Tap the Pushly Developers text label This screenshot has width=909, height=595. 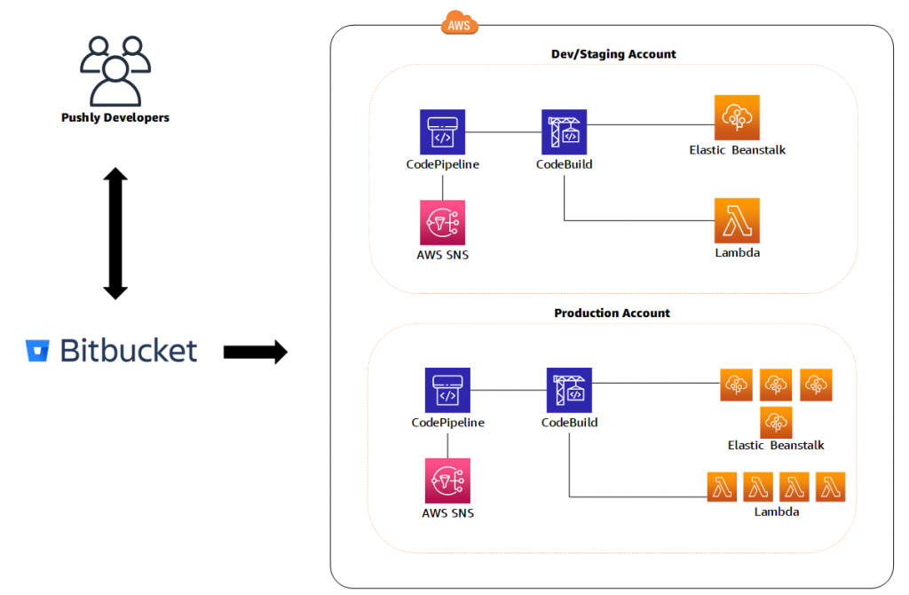click(115, 117)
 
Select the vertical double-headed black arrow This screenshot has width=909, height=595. click(115, 233)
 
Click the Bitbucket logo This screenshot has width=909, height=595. click(112, 351)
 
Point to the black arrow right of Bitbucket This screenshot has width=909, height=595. click(255, 352)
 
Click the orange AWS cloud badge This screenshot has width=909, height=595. click(459, 24)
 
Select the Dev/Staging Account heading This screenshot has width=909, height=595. click(613, 54)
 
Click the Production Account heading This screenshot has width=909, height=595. click(613, 313)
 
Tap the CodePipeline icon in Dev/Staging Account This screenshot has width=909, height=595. click(442, 131)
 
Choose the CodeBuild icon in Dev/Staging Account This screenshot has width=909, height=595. click(565, 131)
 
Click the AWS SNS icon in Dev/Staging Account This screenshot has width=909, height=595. click(442, 222)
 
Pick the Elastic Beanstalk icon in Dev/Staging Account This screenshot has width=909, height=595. click(737, 117)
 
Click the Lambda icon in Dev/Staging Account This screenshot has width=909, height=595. click(737, 220)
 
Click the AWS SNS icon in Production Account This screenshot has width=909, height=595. click(447, 480)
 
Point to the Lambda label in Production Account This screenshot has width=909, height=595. click(777, 512)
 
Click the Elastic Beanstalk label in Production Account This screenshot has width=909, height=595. click(776, 445)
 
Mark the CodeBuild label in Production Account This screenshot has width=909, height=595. click(569, 423)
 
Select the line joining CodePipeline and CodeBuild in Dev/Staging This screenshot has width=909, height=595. click(503, 131)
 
